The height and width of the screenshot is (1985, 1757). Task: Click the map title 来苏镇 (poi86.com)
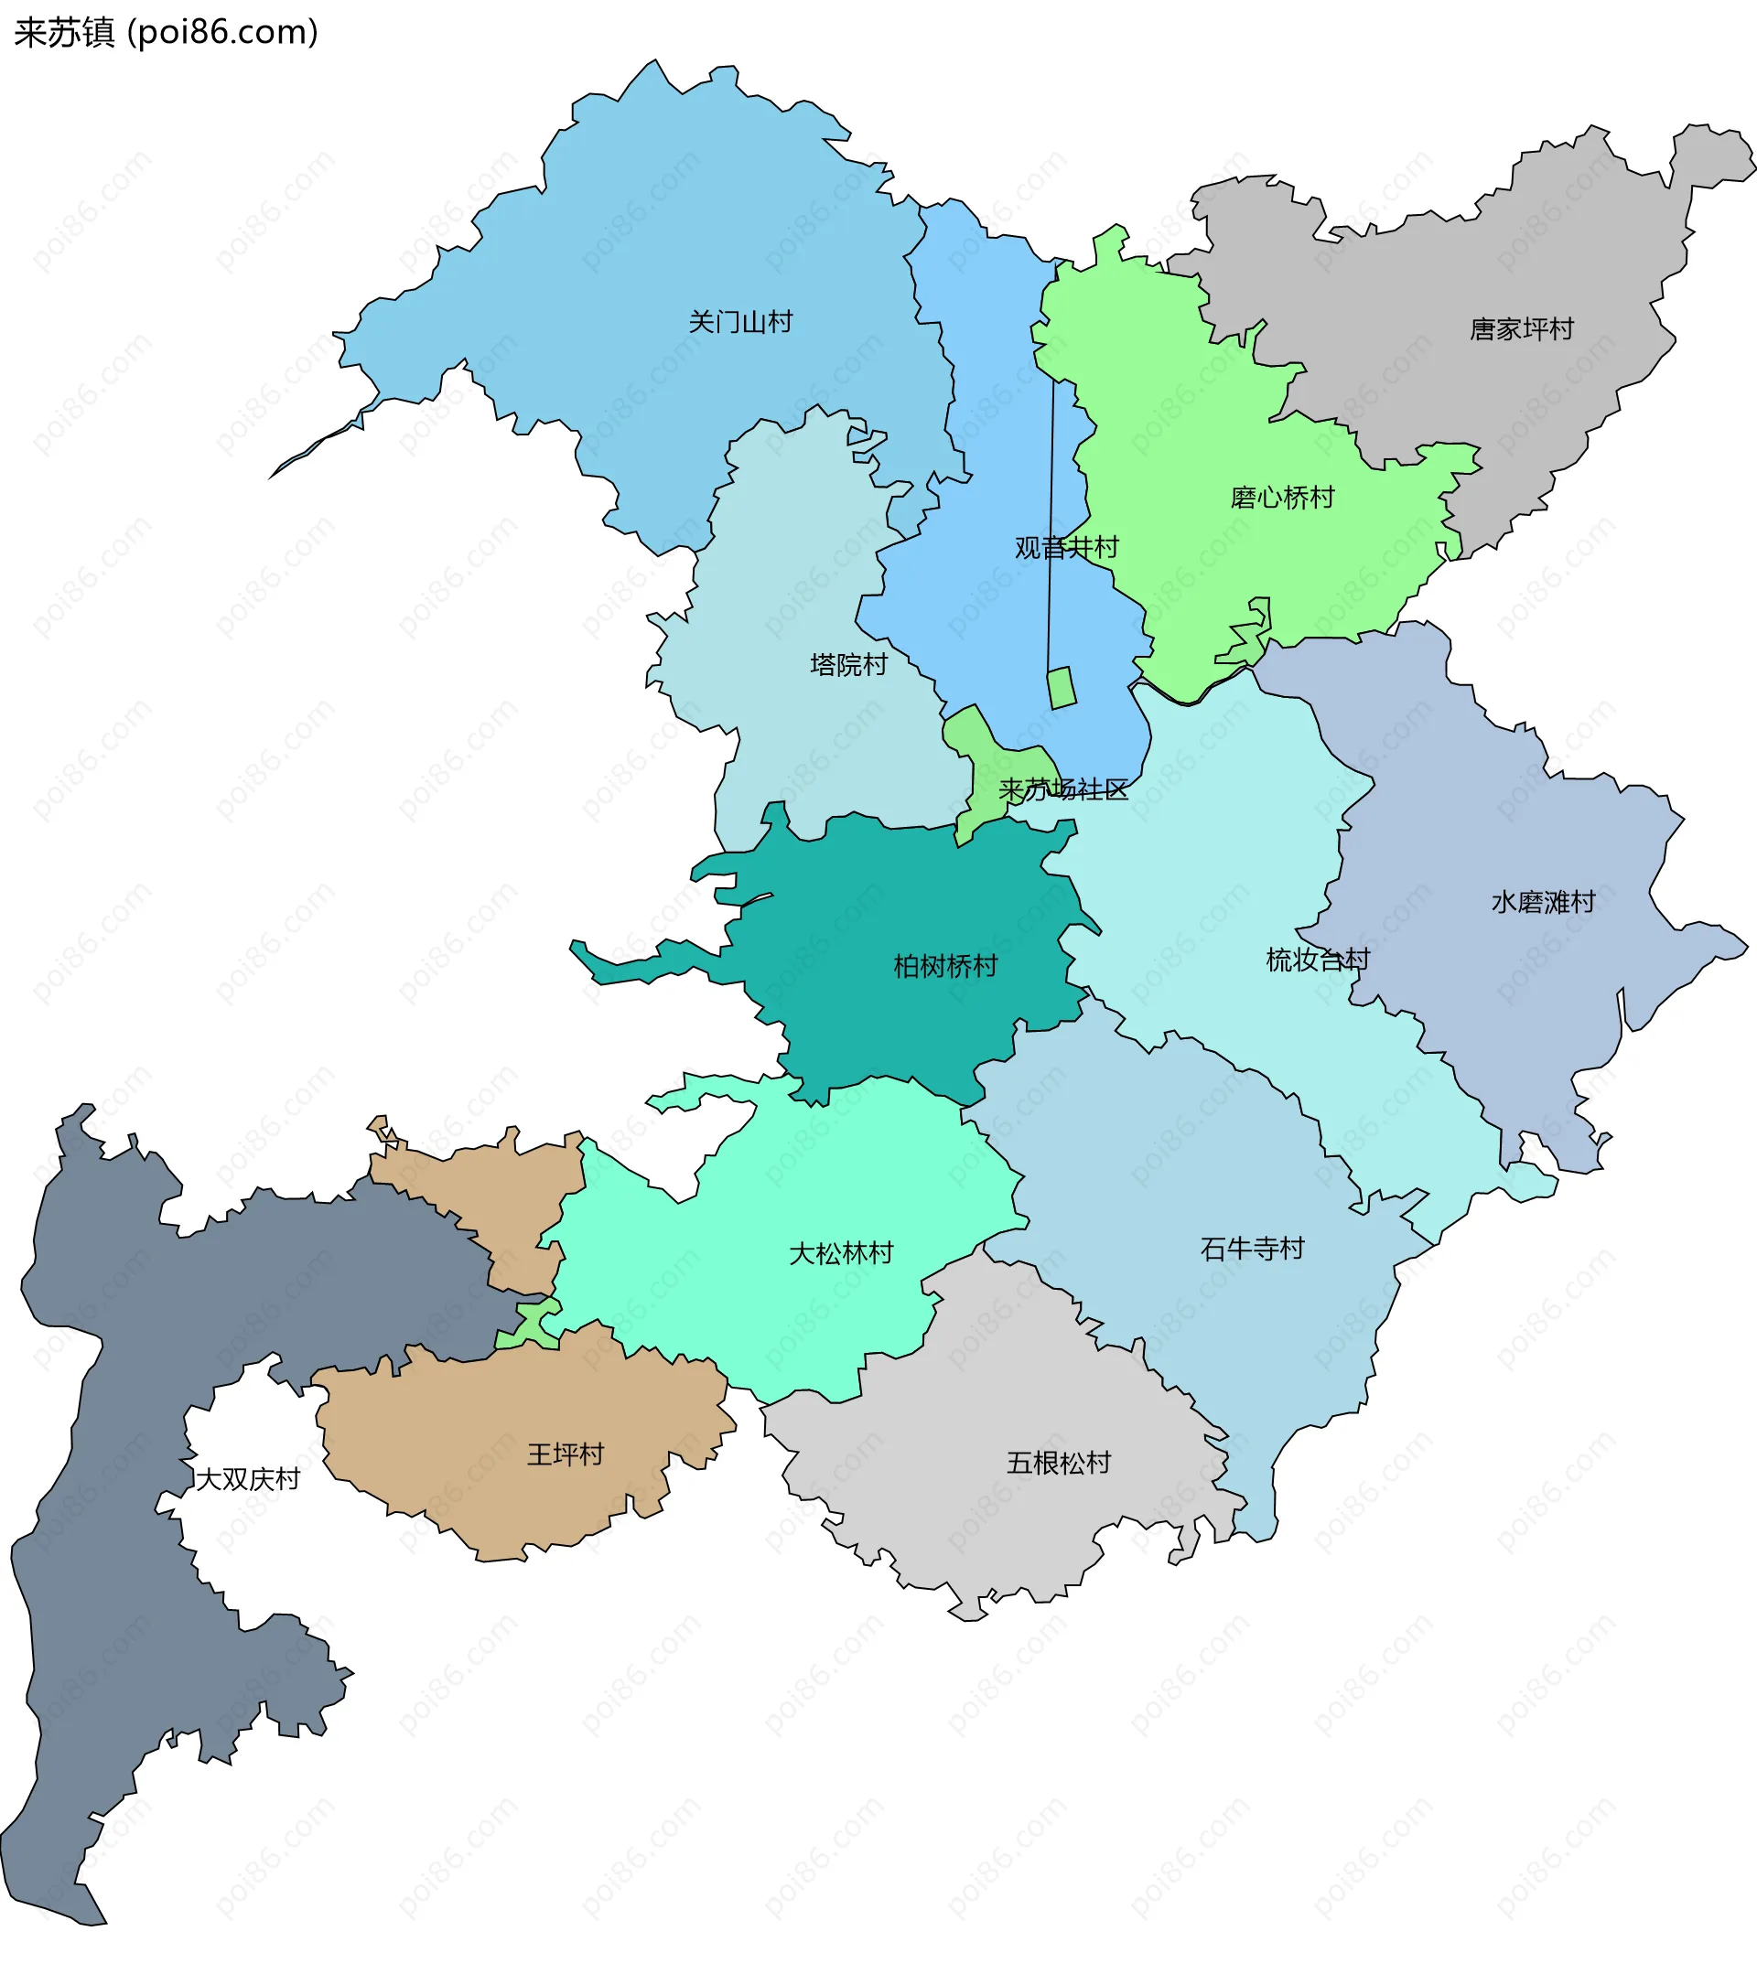(x=165, y=32)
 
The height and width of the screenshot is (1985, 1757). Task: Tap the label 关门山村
(x=740, y=321)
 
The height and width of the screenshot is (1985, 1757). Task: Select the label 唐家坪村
(x=1521, y=329)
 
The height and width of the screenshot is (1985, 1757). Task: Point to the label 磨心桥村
(x=1282, y=498)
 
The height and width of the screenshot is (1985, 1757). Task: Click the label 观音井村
(x=1066, y=548)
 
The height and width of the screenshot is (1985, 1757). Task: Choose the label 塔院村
(x=848, y=664)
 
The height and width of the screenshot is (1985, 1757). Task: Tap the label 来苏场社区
(x=1063, y=789)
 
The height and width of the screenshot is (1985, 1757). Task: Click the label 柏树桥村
(x=945, y=965)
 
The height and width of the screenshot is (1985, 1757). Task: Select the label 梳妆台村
(x=1317, y=960)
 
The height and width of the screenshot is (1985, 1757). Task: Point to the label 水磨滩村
(x=1542, y=901)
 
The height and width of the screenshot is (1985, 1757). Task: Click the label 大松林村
(x=840, y=1253)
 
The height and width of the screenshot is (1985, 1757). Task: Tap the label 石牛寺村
(x=1252, y=1248)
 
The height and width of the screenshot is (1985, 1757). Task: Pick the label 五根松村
(x=1058, y=1463)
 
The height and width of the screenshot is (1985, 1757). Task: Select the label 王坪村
(x=566, y=1454)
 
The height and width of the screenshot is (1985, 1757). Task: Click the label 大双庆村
(x=248, y=1479)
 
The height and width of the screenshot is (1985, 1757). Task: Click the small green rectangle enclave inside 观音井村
(x=1062, y=688)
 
